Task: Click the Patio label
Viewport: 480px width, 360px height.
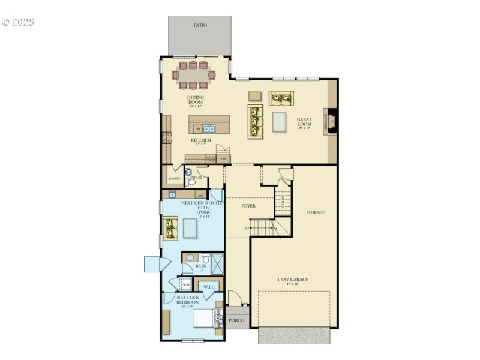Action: pyautogui.click(x=200, y=25)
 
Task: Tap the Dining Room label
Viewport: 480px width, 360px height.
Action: pyautogui.click(x=196, y=100)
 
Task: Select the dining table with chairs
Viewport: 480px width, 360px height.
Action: pyautogui.click(x=193, y=75)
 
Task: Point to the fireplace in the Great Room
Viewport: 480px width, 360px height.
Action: pyautogui.click(x=331, y=121)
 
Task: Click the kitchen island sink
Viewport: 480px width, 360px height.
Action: pyautogui.click(x=209, y=128)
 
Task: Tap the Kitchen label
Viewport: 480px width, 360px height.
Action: pyautogui.click(x=201, y=141)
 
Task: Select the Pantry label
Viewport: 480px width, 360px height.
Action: pyautogui.click(x=174, y=178)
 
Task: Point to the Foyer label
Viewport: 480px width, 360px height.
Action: pyautogui.click(x=248, y=206)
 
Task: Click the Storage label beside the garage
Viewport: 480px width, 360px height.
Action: pyautogui.click(x=315, y=212)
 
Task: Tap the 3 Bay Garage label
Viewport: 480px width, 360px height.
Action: pyautogui.click(x=293, y=280)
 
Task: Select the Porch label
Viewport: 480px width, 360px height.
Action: pyautogui.click(x=237, y=320)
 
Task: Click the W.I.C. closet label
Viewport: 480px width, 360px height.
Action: pyautogui.click(x=209, y=287)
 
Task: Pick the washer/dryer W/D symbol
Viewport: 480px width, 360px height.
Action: pyautogui.click(x=185, y=284)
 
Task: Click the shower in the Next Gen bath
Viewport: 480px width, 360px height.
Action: pyautogui.click(x=217, y=262)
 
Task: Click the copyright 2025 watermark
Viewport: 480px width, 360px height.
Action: pyautogui.click(x=19, y=22)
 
